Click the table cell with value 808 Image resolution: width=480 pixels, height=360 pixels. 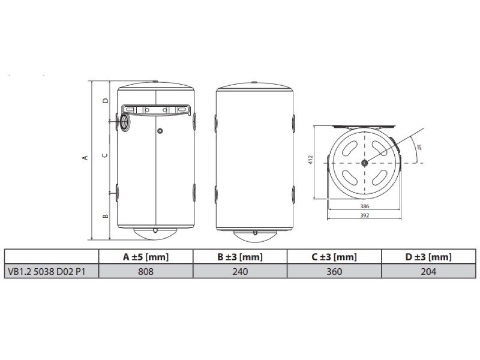click(x=146, y=271)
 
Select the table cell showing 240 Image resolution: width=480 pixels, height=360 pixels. click(x=240, y=271)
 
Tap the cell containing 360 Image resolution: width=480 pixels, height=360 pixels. click(x=334, y=271)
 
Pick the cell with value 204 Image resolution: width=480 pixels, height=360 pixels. click(x=428, y=271)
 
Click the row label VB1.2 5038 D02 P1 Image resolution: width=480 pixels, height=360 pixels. click(x=47, y=272)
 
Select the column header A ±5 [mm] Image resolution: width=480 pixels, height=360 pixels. click(x=146, y=257)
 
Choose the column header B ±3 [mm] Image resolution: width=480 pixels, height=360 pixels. click(x=240, y=257)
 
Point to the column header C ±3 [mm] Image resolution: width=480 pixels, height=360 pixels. click(x=334, y=257)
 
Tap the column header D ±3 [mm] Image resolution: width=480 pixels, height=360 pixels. click(x=428, y=257)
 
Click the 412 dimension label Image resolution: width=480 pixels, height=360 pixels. click(x=311, y=160)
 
